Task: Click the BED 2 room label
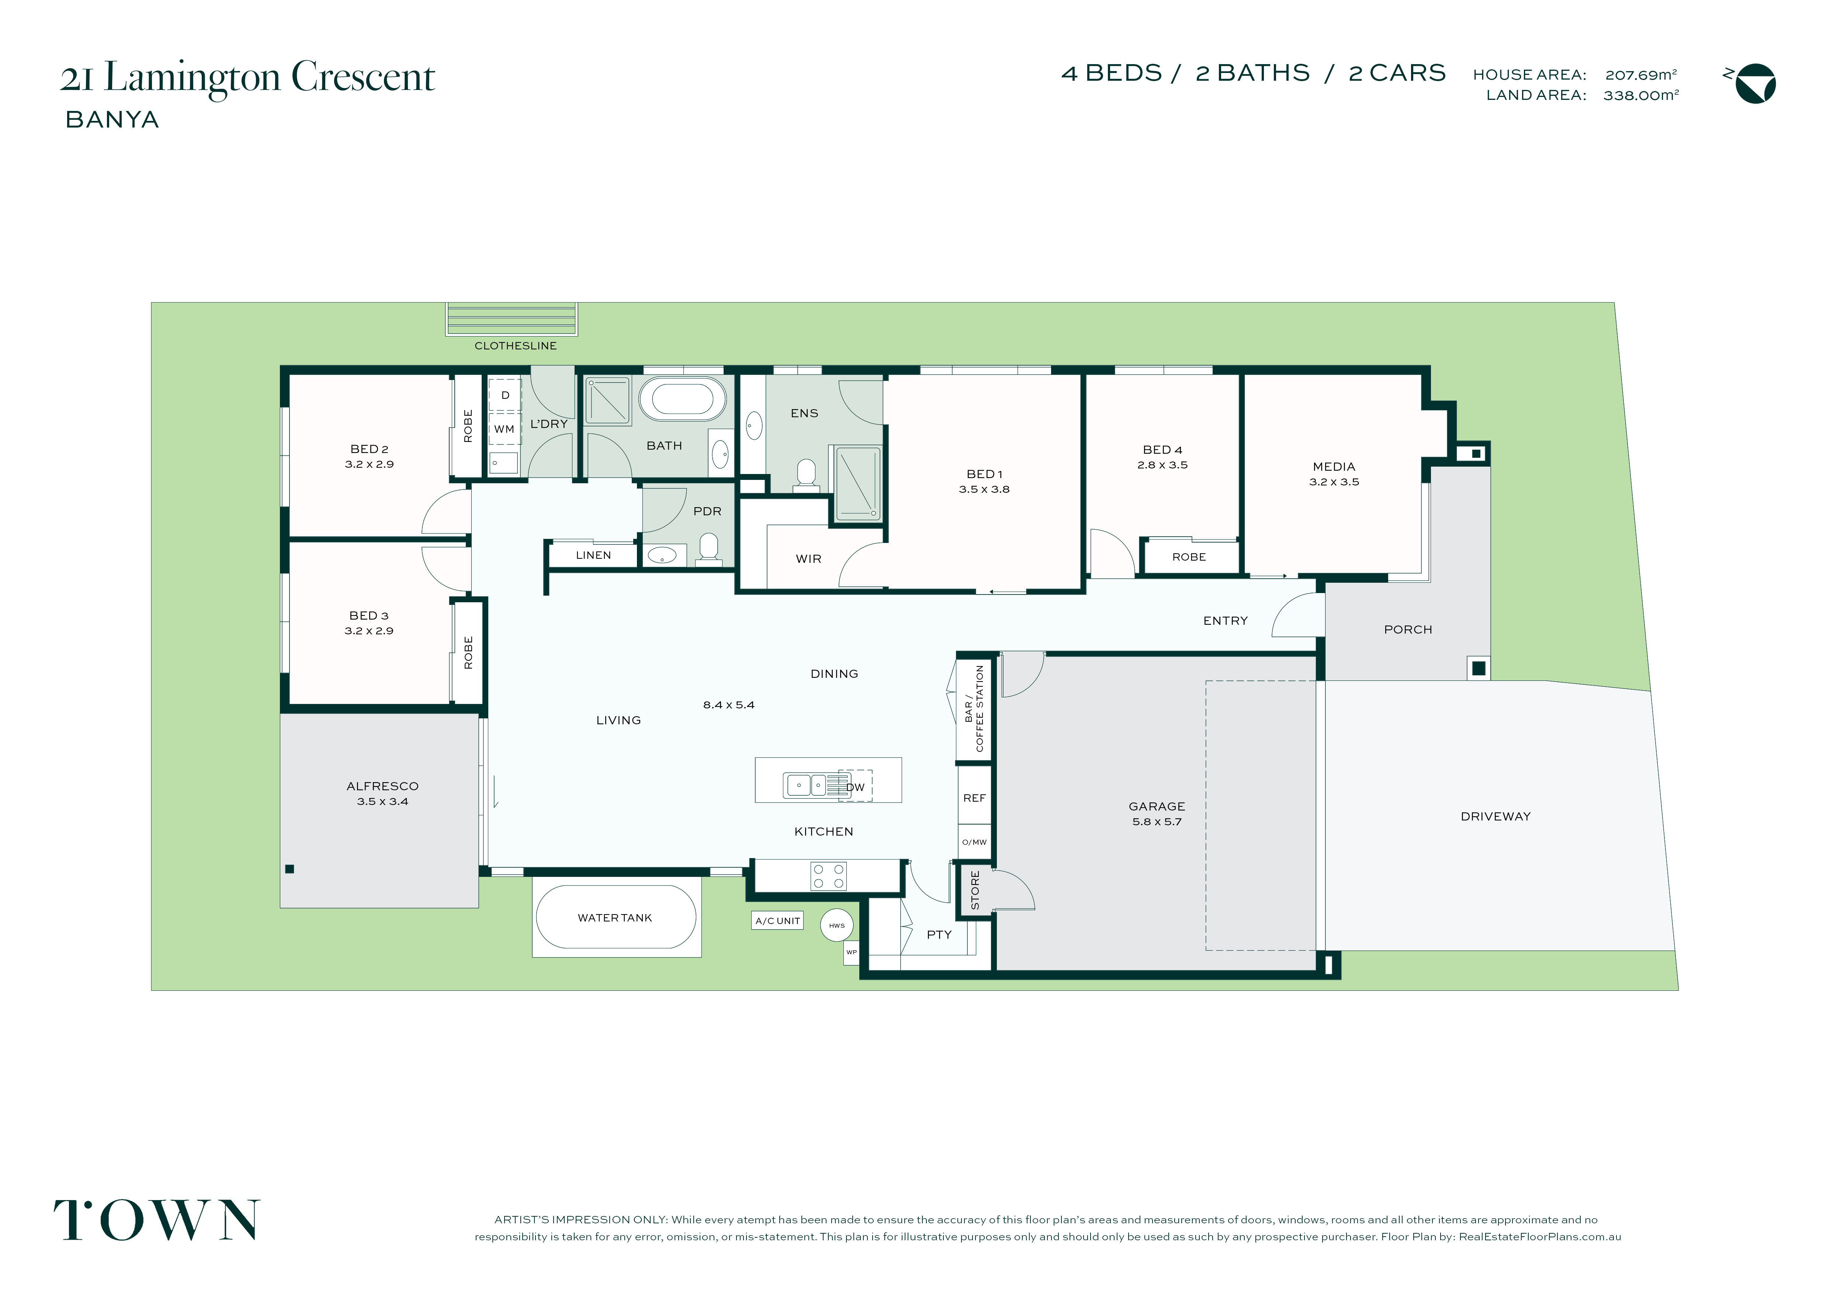(x=369, y=449)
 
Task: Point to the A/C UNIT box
(x=777, y=921)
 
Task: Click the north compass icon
(x=1756, y=84)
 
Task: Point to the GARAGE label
(x=1157, y=806)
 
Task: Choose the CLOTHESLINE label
(x=516, y=346)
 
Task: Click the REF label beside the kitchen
(x=974, y=798)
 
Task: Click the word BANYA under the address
(x=112, y=119)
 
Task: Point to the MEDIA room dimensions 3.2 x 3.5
(x=1334, y=482)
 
